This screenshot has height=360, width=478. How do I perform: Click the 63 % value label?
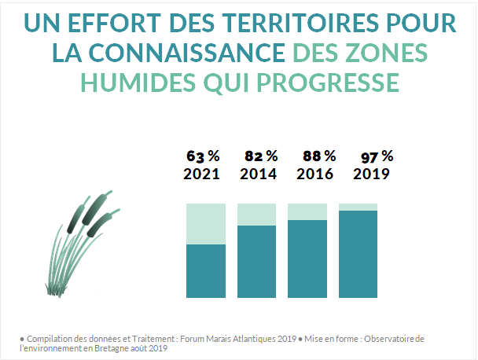pos(201,155)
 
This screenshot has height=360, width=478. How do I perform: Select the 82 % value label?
pos(260,155)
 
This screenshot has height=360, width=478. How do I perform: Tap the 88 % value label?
pos(319,155)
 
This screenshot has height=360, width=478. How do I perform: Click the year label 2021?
pos(201,174)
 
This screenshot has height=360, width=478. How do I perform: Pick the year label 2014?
pos(258,174)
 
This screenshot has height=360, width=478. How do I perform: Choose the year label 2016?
pos(315,174)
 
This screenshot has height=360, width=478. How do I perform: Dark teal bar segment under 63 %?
pos(206,271)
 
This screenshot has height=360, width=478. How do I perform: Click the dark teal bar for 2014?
pos(257,262)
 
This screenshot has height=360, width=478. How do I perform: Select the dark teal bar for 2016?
pos(307,259)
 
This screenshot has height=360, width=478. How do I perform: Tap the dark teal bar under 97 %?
pos(358,255)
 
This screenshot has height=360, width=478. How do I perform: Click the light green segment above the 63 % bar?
pos(206,223)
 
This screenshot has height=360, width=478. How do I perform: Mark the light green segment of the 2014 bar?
pos(257,214)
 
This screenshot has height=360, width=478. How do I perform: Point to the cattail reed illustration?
pos(82,243)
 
